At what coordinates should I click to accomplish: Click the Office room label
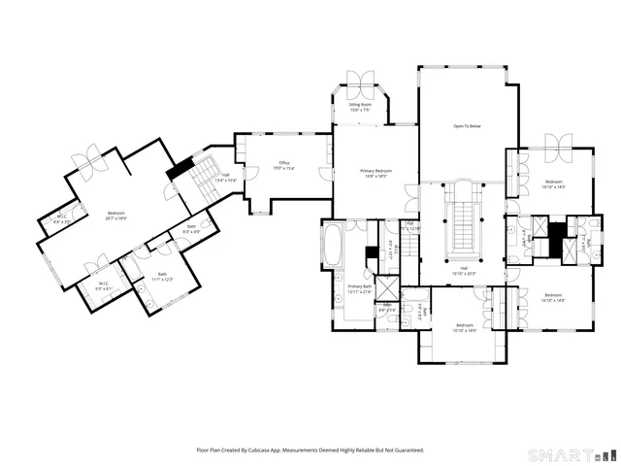284,165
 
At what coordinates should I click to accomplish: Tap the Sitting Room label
360,106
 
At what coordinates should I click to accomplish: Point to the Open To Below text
467,126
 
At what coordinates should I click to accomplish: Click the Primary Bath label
359,288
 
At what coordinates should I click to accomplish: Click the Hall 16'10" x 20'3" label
464,271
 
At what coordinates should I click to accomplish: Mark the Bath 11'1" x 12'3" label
162,277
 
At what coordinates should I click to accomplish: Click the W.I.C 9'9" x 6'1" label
103,286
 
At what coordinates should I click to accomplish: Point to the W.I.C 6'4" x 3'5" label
62,218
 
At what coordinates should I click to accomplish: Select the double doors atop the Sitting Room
360,80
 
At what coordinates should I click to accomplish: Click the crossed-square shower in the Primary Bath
386,288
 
